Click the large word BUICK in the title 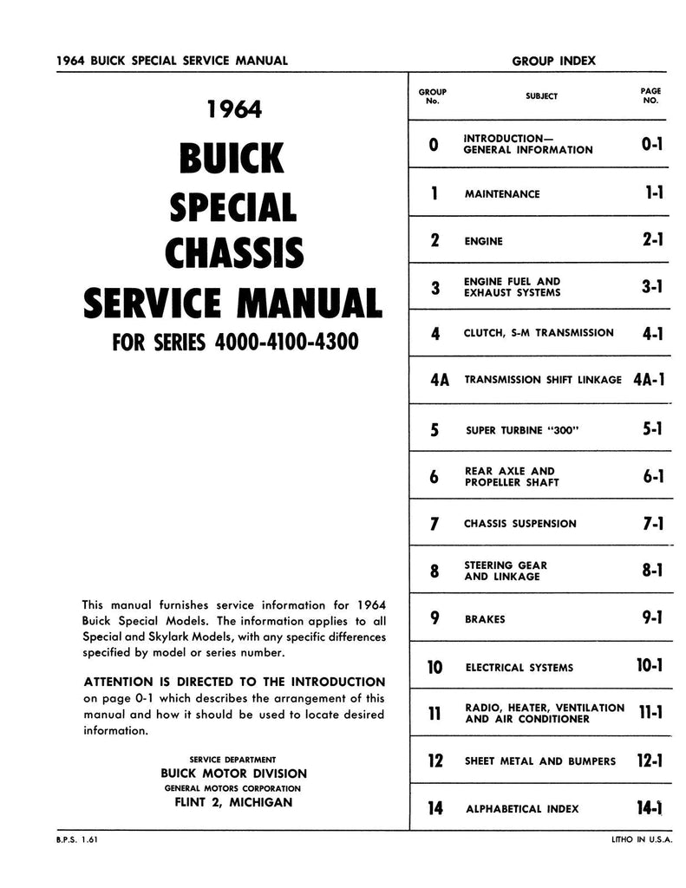230,158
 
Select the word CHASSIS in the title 234,251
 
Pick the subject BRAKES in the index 486,619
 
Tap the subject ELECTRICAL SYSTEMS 519,668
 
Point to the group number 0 434,144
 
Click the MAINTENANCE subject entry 502,193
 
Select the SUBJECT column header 541,96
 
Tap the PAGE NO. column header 650,95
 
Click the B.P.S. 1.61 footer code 73,840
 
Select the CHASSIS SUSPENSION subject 520,524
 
